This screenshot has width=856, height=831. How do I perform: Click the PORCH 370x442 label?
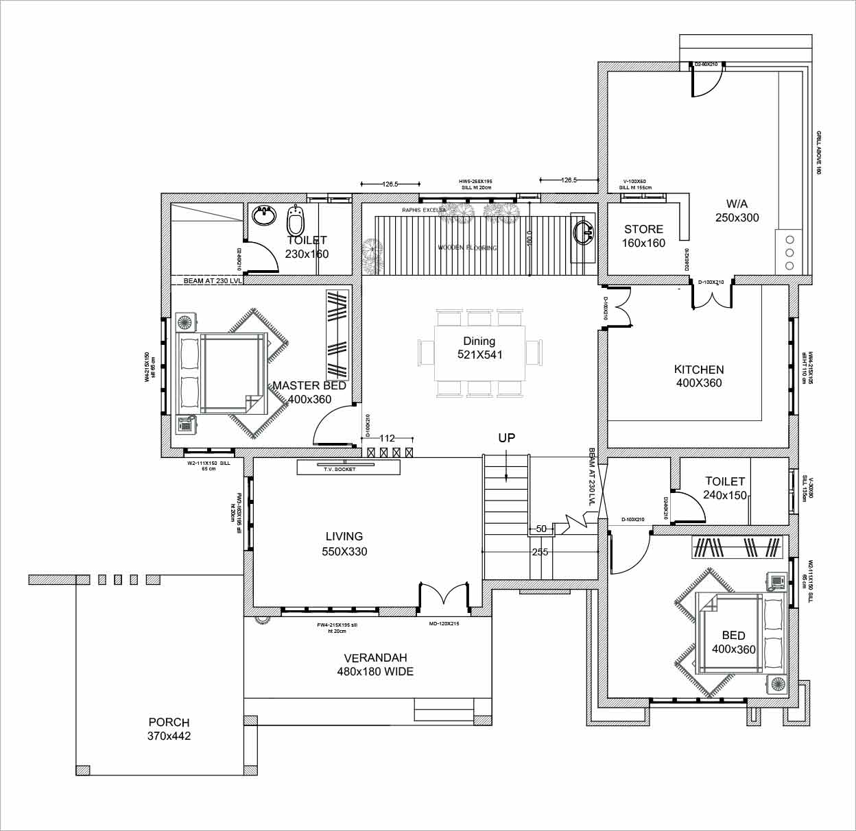pyautogui.click(x=169, y=729)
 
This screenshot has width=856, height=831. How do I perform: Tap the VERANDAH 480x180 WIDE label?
pyautogui.click(x=375, y=665)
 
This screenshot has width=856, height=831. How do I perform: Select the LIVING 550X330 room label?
pyautogui.click(x=344, y=544)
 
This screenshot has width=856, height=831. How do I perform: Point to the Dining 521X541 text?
pyautogui.click(x=479, y=348)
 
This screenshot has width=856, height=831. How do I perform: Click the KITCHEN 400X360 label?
pyautogui.click(x=699, y=376)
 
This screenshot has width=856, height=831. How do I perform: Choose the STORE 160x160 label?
pyautogui.click(x=643, y=236)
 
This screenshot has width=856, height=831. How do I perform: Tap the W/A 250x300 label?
pyautogui.click(x=737, y=210)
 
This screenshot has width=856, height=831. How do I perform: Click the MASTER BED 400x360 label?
pyautogui.click(x=309, y=392)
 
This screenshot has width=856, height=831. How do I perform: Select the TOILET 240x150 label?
pyautogui.click(x=725, y=488)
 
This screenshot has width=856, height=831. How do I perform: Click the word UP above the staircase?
pyautogui.click(x=506, y=437)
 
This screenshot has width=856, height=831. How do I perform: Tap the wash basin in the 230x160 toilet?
pyautogui.click(x=263, y=216)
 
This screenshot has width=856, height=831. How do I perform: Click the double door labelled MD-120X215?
pyautogui.click(x=444, y=594)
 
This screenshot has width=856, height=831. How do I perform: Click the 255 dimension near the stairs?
pyautogui.click(x=540, y=551)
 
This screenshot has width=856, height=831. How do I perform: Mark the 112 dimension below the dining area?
pyautogui.click(x=387, y=438)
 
